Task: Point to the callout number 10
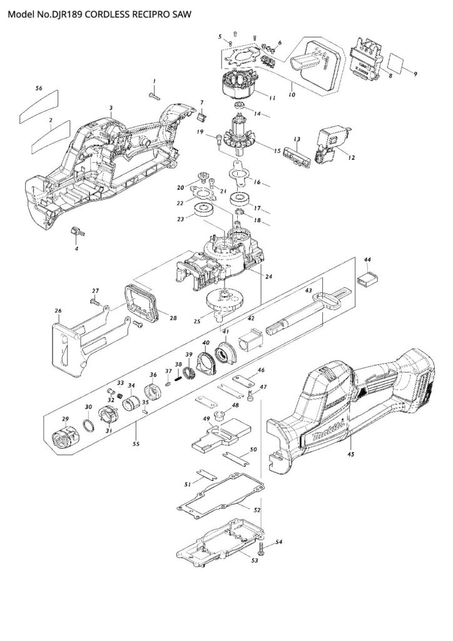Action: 291,95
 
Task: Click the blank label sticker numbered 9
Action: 399,63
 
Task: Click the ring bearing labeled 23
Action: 205,210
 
